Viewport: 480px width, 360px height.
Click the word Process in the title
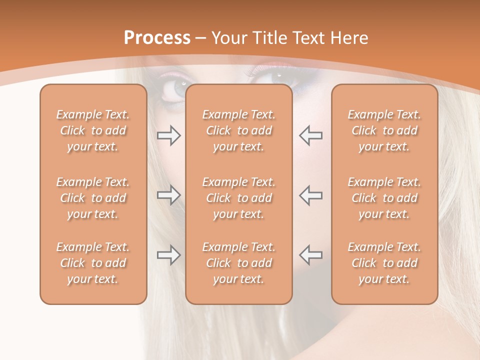pyautogui.click(x=157, y=38)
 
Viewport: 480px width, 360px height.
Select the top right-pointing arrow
pyautogui.click(x=168, y=135)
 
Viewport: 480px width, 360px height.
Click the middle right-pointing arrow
pyautogui.click(x=168, y=195)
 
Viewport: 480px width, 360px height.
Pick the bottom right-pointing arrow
pyautogui.click(x=168, y=255)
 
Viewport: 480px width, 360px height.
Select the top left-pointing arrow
pyautogui.click(x=310, y=135)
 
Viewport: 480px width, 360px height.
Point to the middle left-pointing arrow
pyautogui.click(x=310, y=195)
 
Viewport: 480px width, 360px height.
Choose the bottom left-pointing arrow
pyautogui.click(x=310, y=255)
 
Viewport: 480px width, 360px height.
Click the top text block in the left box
pyautogui.click(x=93, y=130)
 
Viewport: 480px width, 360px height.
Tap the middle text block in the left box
pyautogui.click(x=93, y=198)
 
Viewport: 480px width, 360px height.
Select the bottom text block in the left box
pyautogui.click(x=93, y=263)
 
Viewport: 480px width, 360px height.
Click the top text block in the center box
pyautogui.click(x=238, y=130)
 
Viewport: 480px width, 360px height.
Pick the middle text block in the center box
pyautogui.click(x=238, y=198)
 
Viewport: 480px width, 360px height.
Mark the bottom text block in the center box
pyautogui.click(x=238, y=263)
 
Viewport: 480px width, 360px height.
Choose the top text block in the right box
pyautogui.click(x=384, y=130)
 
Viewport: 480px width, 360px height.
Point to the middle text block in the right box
pyautogui.click(x=384, y=198)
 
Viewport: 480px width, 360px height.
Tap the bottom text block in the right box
pyautogui.click(x=384, y=263)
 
